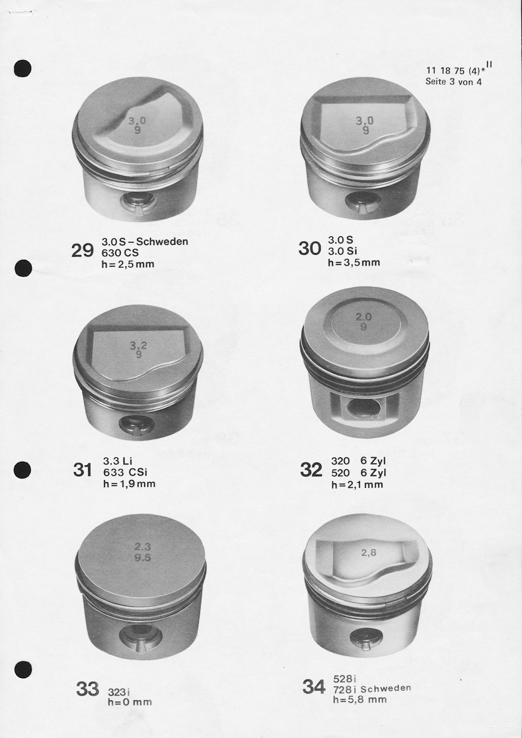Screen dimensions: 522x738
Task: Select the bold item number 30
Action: (x=309, y=249)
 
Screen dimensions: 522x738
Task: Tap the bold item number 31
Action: (x=82, y=470)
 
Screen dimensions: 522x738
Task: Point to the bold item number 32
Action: (x=311, y=470)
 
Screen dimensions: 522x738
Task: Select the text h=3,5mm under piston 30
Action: (x=354, y=262)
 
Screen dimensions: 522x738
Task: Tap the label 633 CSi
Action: (x=125, y=472)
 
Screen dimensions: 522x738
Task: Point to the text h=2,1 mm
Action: (x=357, y=484)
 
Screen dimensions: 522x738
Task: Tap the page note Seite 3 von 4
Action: (x=454, y=81)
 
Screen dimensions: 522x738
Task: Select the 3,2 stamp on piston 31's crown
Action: (x=139, y=346)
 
